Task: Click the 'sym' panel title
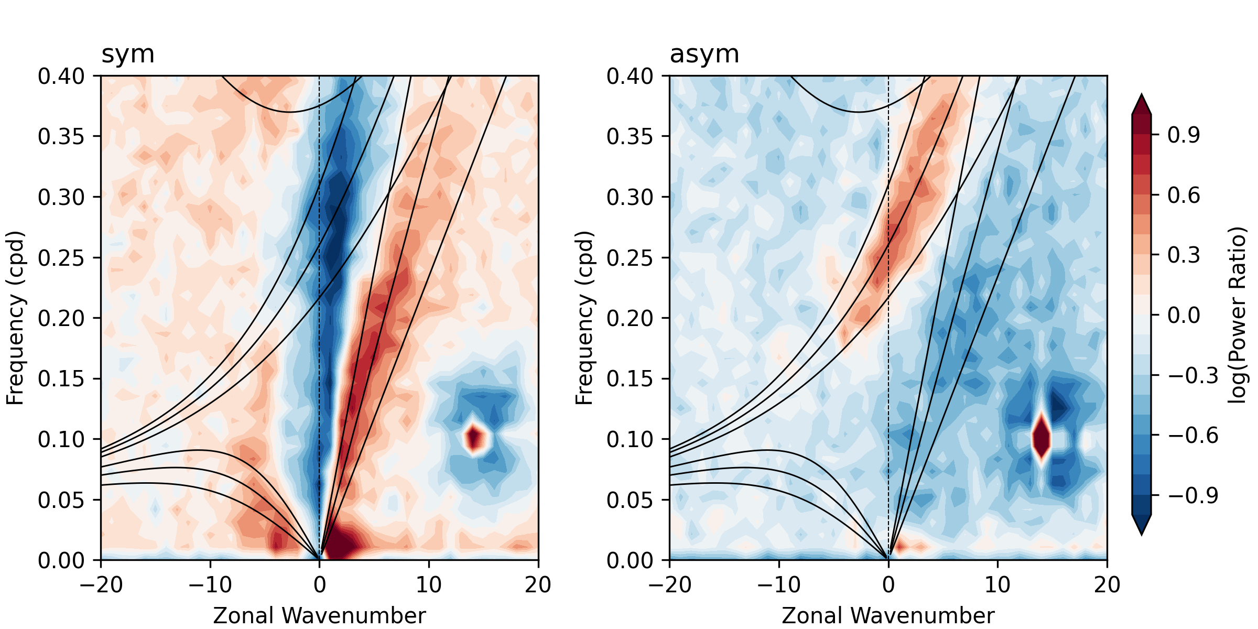point(128,55)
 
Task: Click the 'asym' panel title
point(704,55)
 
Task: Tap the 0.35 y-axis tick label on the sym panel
point(61,136)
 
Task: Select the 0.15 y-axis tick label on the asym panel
point(630,378)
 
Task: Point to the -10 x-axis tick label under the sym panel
point(210,584)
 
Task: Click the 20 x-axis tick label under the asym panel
point(1107,584)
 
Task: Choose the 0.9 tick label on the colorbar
point(1184,135)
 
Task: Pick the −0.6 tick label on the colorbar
point(1193,436)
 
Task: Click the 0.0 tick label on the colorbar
point(1184,316)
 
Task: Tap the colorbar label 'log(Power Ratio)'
point(1238,315)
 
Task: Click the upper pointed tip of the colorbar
point(1142,95)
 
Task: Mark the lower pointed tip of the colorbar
point(1142,535)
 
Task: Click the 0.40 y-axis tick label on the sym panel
point(61,76)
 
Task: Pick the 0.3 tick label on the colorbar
point(1184,255)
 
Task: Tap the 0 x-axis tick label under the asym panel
point(888,584)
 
